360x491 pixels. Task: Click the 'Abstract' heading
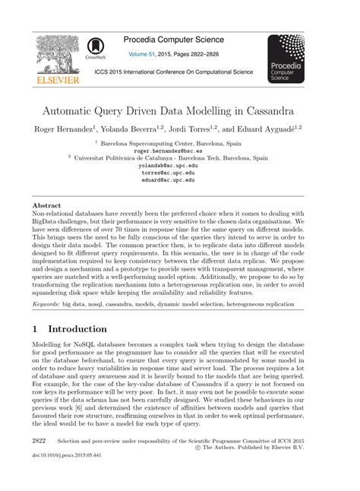(47, 206)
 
